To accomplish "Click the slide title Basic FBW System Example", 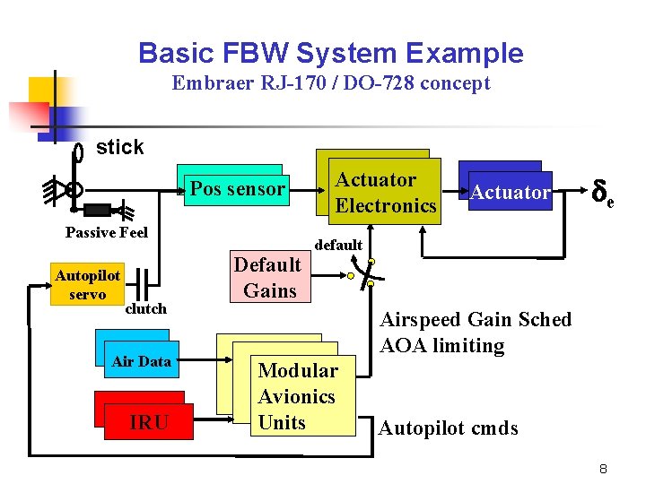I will pyautogui.click(x=330, y=53).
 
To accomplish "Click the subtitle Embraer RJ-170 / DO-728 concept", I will pyautogui.click(x=331, y=83).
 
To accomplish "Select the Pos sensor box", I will pyautogui.click(x=237, y=189).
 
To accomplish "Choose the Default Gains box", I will pyautogui.click(x=268, y=277).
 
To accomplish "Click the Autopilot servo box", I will pyautogui.click(x=87, y=285).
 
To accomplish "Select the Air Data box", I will pyautogui.click(x=141, y=361).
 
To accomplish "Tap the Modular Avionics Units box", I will pyautogui.click(x=296, y=396).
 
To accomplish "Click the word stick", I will pyautogui.click(x=119, y=148).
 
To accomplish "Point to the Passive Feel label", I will pyautogui.click(x=107, y=233).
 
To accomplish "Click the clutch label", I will pyautogui.click(x=145, y=309).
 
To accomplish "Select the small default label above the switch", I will pyautogui.click(x=338, y=245).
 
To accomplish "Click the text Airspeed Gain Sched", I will pyautogui.click(x=476, y=320).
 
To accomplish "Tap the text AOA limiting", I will pyautogui.click(x=442, y=346).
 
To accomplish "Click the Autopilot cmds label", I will pyautogui.click(x=449, y=428).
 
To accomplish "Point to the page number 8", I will pyautogui.click(x=604, y=468).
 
